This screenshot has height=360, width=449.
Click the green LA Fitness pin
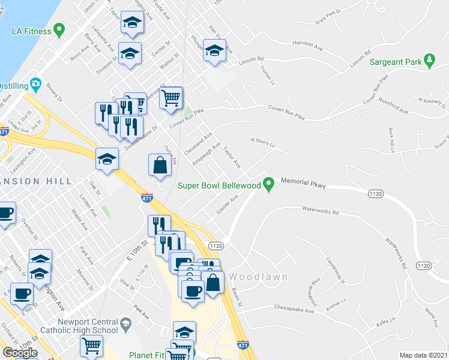point(59,28)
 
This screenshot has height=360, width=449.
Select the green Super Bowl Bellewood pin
point(270,184)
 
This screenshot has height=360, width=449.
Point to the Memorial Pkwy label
point(303,186)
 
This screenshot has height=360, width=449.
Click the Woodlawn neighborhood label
point(258,277)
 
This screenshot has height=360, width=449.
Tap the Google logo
point(20,352)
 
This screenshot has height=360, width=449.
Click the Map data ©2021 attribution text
point(424,355)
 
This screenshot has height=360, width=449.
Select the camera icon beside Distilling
point(36,85)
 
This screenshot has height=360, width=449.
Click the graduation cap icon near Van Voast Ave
point(214,50)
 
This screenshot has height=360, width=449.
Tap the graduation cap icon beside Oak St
point(107,159)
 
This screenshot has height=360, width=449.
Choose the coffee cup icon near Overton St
point(5,213)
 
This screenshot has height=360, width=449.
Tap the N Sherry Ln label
point(262,143)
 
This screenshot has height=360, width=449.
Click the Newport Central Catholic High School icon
point(126,325)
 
